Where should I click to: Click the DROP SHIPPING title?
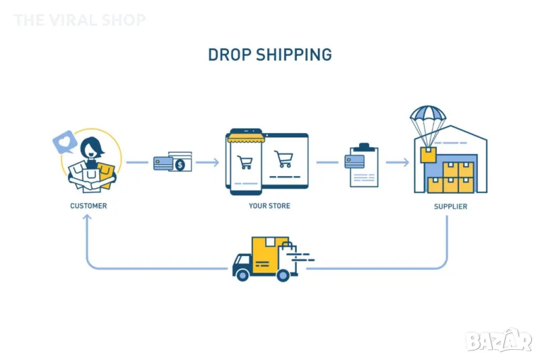coord(269,55)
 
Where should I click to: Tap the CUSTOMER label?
coord(88,205)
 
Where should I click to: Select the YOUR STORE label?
coord(269,205)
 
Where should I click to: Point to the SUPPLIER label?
coord(450,206)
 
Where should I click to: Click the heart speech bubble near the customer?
coord(64,141)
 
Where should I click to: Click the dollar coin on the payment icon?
coord(180,164)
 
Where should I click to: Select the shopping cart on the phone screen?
coord(245,162)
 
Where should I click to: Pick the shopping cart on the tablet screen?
coord(284,159)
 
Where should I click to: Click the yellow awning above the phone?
coord(245,138)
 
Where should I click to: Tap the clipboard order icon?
coord(363,165)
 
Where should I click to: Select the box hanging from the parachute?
coord(428,155)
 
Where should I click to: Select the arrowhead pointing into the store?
coord(215,162)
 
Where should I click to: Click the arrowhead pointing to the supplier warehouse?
coord(405,162)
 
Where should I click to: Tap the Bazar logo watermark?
coord(499,338)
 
